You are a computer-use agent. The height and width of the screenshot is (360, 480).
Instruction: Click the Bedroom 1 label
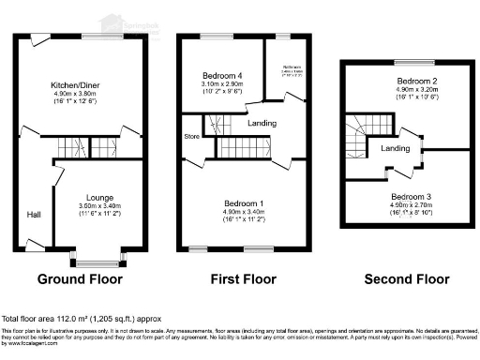point(243,203)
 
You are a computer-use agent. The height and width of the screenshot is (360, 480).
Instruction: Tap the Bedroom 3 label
point(410,197)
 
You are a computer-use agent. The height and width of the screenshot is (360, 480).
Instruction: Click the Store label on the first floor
point(192,136)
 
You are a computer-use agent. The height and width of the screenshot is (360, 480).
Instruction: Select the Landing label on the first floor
point(262,123)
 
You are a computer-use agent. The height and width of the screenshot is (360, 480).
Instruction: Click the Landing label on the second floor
point(394,148)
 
